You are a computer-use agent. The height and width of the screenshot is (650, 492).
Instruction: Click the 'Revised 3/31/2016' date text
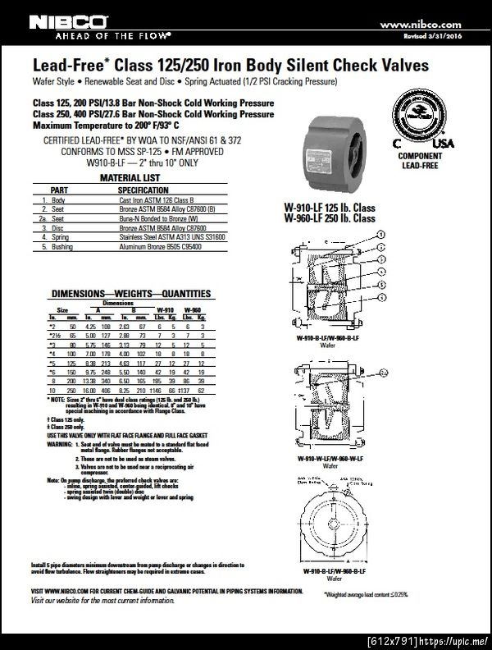(x=434, y=37)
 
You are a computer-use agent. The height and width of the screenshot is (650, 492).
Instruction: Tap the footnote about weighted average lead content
(x=366, y=593)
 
